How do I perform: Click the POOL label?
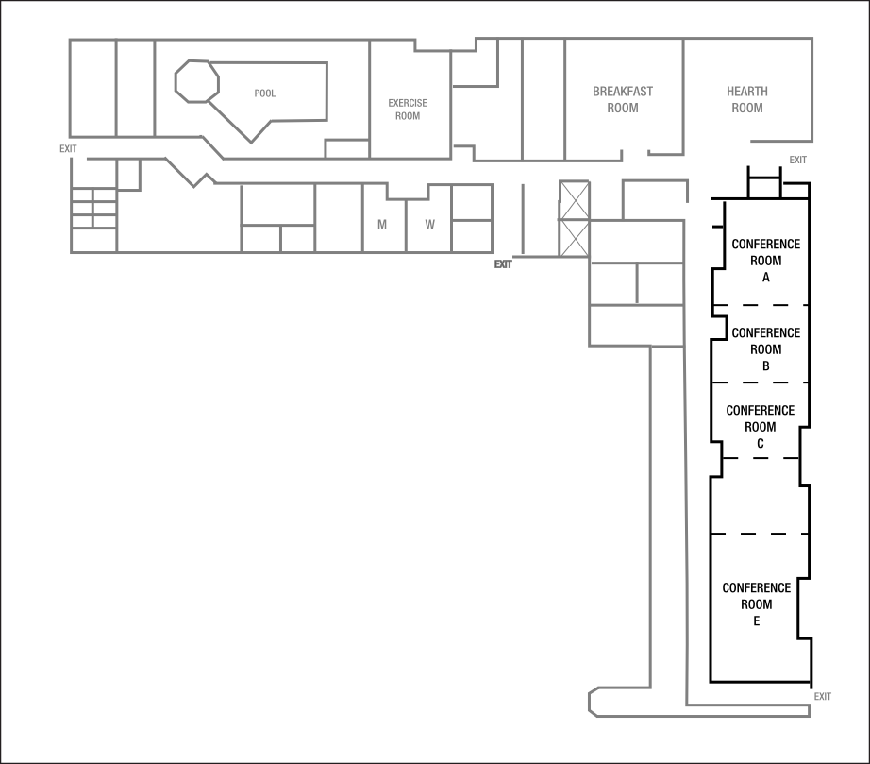(265, 93)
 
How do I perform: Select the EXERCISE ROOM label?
(408, 109)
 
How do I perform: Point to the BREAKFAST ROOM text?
(623, 99)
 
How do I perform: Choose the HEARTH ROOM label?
(747, 99)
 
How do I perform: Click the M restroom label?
(382, 225)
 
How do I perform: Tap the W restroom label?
(429, 225)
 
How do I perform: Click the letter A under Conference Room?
(766, 278)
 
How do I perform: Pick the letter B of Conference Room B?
(766, 365)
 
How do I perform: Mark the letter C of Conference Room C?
(760, 443)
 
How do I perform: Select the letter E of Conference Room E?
(757, 620)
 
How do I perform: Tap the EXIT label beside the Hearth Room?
(798, 160)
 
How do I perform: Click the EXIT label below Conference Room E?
(823, 697)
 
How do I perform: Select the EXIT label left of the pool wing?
(68, 148)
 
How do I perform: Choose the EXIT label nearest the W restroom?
(503, 264)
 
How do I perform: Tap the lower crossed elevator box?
(574, 237)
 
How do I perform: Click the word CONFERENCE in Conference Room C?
(760, 411)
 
